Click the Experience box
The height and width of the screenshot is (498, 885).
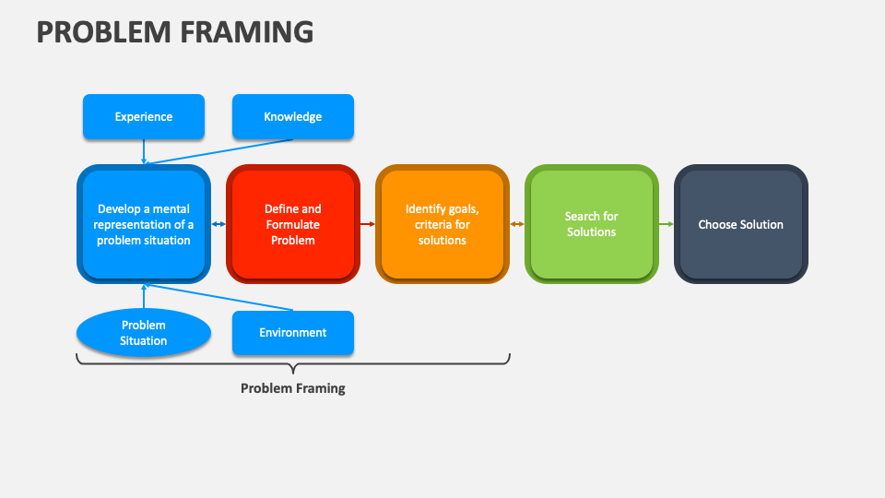144,117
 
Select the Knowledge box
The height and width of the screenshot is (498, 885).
292,117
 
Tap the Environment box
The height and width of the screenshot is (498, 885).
292,333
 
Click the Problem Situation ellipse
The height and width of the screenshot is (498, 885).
144,333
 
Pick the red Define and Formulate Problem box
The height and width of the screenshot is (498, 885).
292,224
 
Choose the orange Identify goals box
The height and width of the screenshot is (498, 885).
442,224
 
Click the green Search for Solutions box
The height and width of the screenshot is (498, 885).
591,224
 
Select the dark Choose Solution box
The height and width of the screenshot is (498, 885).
740,224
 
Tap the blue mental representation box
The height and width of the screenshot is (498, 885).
144,224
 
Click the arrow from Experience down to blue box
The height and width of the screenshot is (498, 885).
144,152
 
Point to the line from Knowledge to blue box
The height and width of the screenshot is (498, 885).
221,152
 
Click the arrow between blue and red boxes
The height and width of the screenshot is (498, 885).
218,224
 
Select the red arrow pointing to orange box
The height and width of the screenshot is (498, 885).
368,224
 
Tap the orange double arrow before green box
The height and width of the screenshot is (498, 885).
517,224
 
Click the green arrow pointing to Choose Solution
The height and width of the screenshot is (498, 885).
667,224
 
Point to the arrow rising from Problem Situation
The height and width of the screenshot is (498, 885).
144,296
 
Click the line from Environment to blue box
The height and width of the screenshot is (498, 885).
221,298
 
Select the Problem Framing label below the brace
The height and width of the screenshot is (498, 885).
292,388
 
